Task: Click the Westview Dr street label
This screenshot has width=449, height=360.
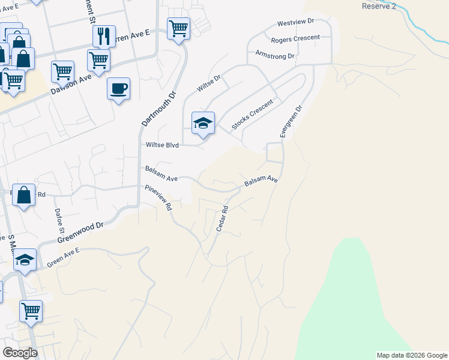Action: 295,22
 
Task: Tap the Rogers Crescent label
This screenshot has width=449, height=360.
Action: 295,38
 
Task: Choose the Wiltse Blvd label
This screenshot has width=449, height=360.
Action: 163,145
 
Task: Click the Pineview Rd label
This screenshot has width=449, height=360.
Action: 158,197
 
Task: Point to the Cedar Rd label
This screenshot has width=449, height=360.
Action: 223,220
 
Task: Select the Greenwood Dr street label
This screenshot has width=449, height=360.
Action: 81,232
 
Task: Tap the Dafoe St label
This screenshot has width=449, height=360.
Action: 59,220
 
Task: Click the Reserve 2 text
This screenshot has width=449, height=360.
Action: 380,6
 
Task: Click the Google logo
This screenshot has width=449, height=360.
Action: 20,353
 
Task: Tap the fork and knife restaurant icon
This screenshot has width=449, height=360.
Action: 104,36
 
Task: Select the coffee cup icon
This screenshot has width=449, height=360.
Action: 118,89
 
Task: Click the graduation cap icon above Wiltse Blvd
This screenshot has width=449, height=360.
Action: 203,123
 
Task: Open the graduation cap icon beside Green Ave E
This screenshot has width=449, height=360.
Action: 25,260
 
